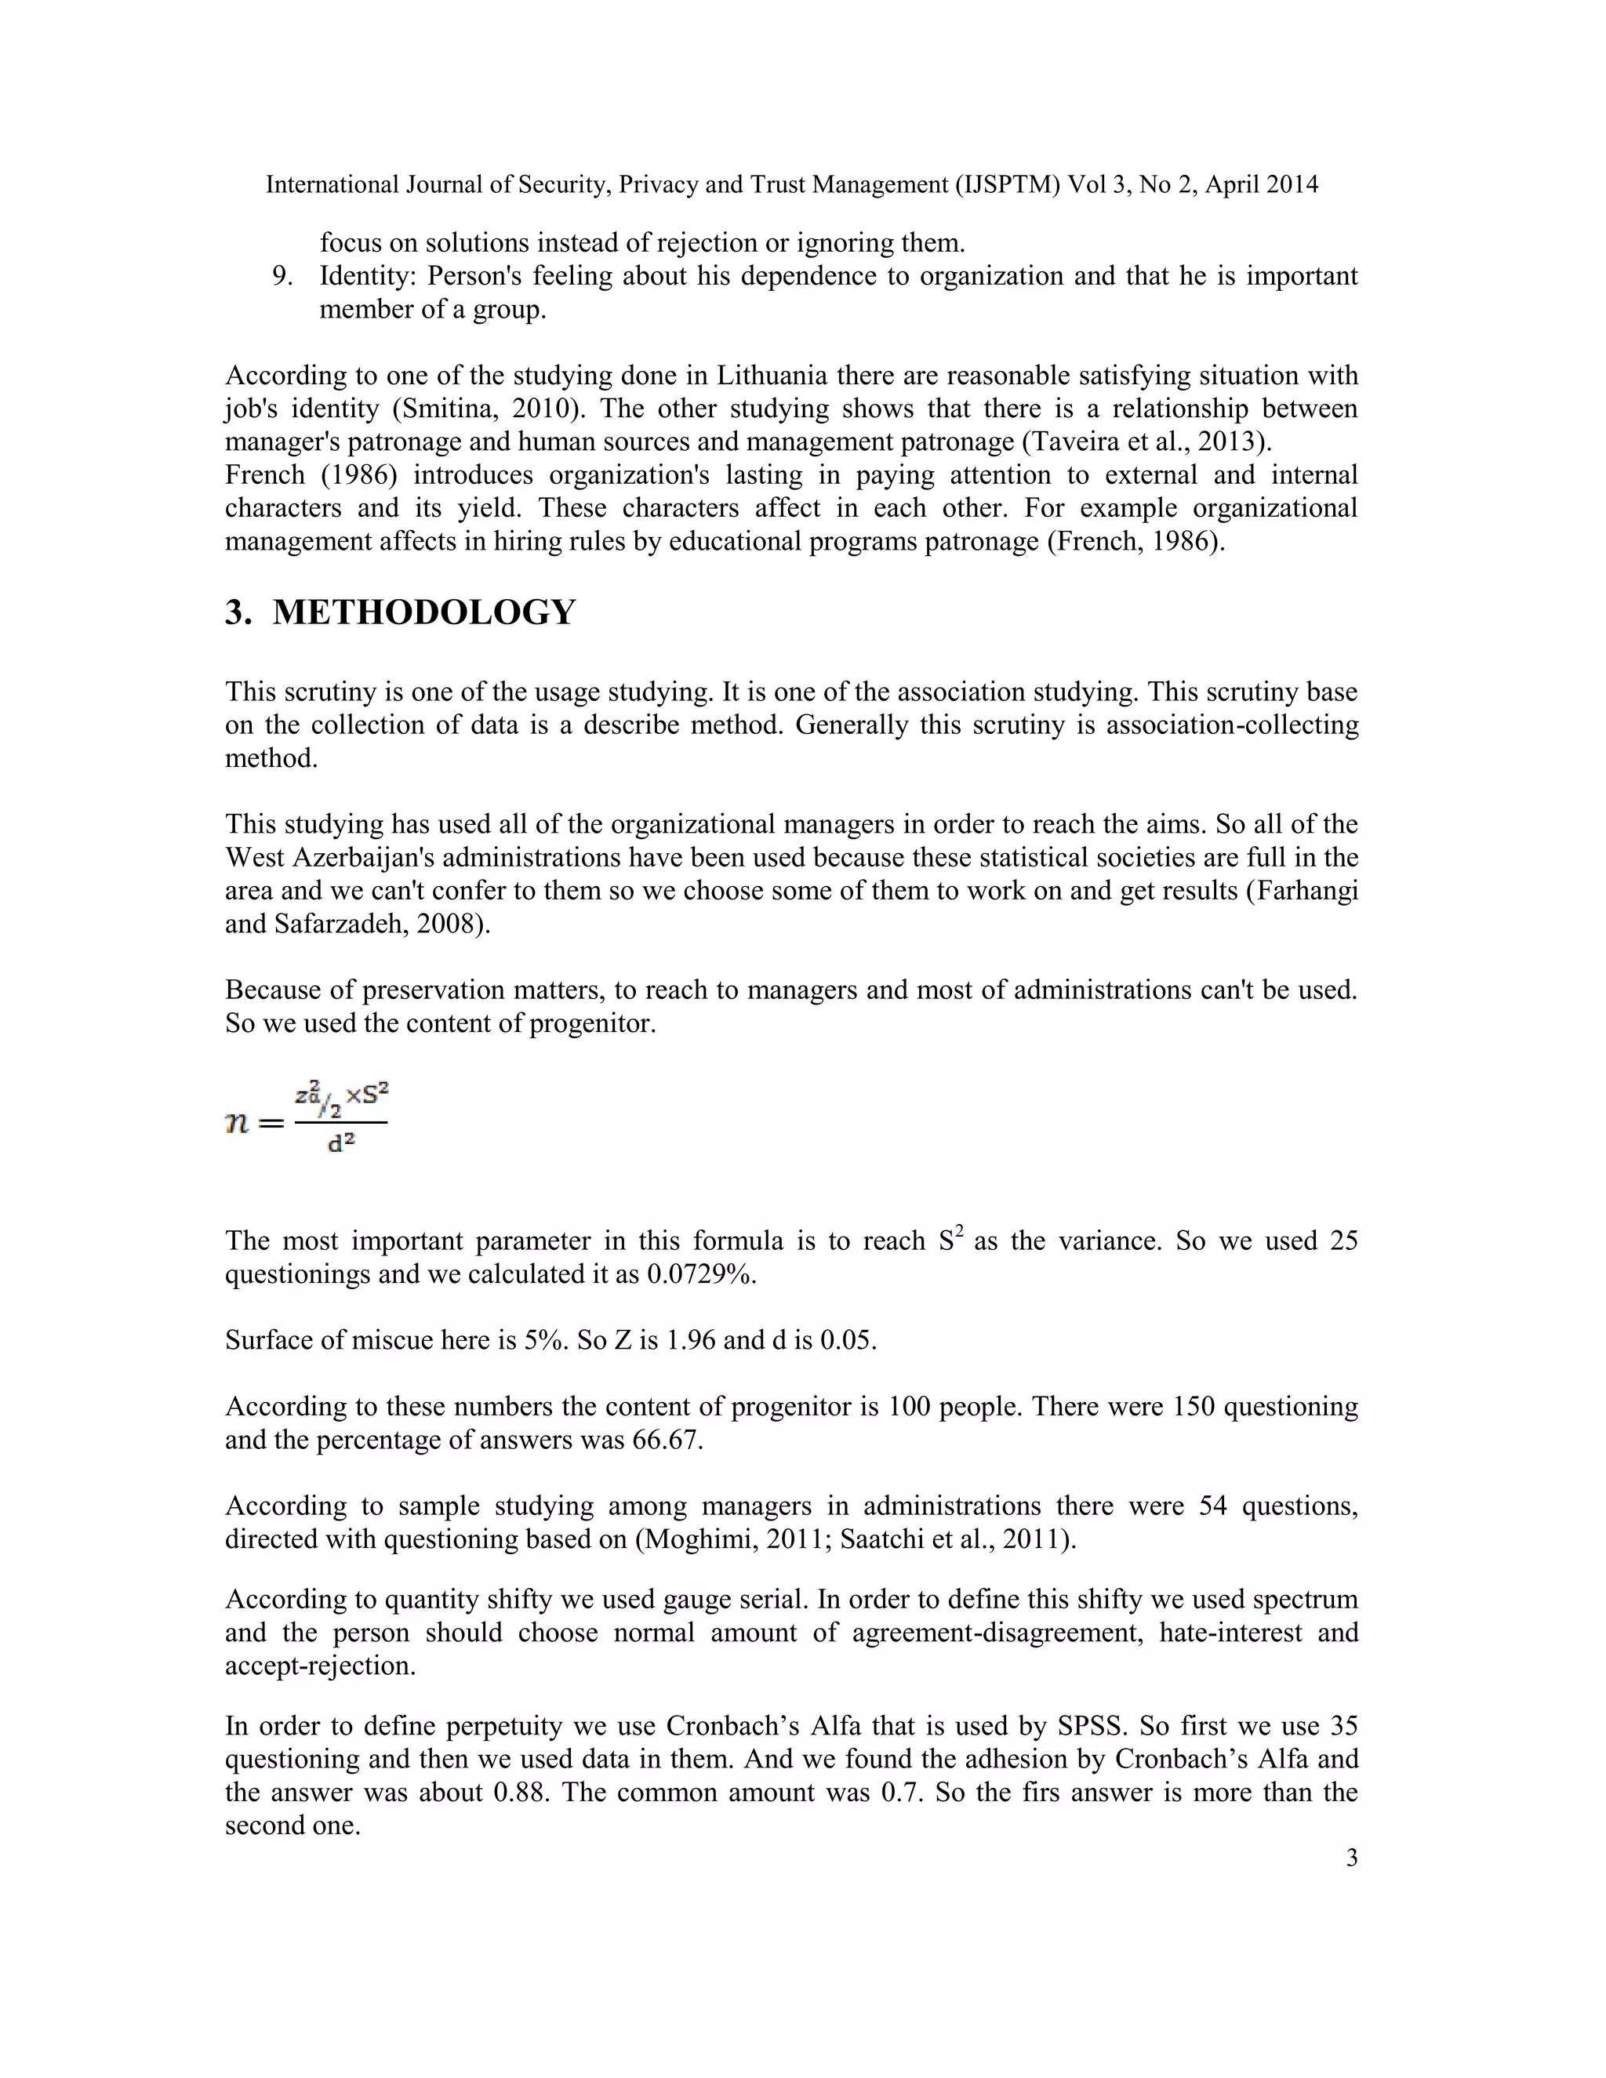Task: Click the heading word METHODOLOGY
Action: coord(423,612)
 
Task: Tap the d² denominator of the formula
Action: coord(340,1143)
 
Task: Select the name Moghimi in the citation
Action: coord(692,1539)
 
